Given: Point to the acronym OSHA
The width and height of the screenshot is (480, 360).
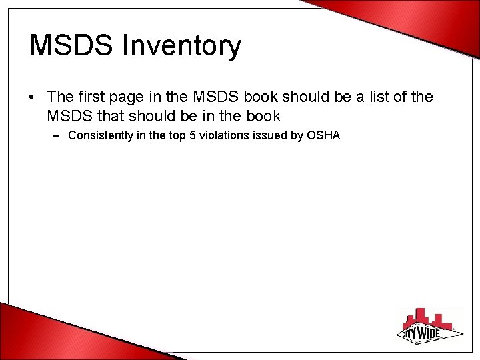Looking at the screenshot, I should pyautogui.click(x=323, y=135).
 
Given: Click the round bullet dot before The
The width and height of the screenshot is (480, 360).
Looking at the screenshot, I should pyautogui.click(x=33, y=98).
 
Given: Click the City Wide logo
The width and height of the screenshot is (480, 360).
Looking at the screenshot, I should pyautogui.click(x=427, y=327).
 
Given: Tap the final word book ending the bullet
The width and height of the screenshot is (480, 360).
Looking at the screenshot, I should pyautogui.click(x=262, y=116).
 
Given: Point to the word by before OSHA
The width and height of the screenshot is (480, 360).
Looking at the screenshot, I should pyautogui.click(x=297, y=135).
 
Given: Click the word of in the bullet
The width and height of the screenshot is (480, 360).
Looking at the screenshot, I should pyautogui.click(x=402, y=97).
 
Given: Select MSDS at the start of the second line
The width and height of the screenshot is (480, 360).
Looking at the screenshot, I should pyautogui.click(x=67, y=116).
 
